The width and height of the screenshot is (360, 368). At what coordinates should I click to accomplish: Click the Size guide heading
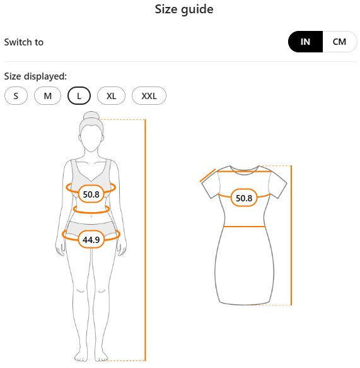[x=184, y=10]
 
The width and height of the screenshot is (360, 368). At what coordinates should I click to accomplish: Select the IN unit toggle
[x=305, y=42]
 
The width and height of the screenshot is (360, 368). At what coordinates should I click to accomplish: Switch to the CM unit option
[x=339, y=42]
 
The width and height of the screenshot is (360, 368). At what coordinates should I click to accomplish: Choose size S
[x=16, y=96]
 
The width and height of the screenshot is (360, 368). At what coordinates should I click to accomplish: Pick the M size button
[x=47, y=96]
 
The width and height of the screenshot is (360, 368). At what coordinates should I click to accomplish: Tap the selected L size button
[x=79, y=96]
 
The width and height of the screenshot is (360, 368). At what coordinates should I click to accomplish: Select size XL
[x=112, y=96]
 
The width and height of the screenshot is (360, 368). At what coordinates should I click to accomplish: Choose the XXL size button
[x=149, y=96]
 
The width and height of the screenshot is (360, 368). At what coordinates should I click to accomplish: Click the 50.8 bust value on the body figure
[x=91, y=194]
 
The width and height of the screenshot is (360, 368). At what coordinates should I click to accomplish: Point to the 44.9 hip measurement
[x=91, y=240]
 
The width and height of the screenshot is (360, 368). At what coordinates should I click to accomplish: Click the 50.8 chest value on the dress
[x=244, y=198]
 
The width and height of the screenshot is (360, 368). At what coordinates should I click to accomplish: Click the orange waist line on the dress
[x=244, y=227]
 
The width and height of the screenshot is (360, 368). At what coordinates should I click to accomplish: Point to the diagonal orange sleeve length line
[x=207, y=175]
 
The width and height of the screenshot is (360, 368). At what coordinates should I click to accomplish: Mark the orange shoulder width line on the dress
[x=244, y=171]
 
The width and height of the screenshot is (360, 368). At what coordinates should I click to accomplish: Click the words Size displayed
[x=35, y=76]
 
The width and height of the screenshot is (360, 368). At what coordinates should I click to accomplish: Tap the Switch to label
[x=24, y=42]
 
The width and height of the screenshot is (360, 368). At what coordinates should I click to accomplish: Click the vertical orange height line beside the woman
[x=145, y=240]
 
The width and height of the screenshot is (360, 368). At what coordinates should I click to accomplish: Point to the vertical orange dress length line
[x=291, y=235]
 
